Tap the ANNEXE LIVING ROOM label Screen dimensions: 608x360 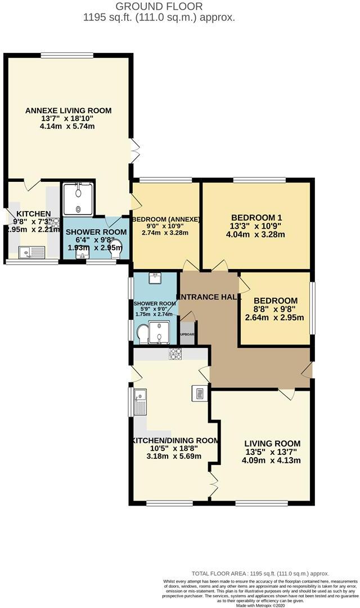tap(68, 110)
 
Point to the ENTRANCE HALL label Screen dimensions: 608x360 tap(209, 297)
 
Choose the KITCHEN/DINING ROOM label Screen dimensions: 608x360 tap(175, 440)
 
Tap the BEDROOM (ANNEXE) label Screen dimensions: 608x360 tap(165, 219)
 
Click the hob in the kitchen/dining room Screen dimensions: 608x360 tap(175, 354)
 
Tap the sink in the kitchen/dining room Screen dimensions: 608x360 tap(140, 402)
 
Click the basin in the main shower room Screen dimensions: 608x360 tap(155, 278)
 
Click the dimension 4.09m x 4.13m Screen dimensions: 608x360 tap(272, 461)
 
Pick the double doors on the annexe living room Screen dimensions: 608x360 tap(135, 150)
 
